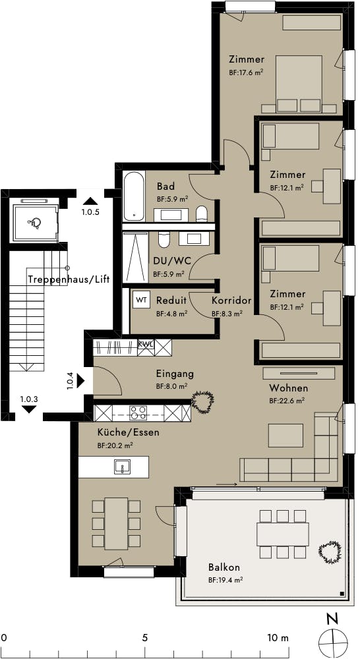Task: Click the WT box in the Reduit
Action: coord(142,300)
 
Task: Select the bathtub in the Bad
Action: coord(134,196)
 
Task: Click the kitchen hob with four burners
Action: coord(138,413)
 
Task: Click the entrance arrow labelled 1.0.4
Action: coord(80,381)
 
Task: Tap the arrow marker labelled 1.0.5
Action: coord(90,201)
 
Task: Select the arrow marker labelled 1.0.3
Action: coord(28,409)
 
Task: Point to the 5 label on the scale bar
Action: coord(144,637)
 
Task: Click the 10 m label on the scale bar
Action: coord(278,637)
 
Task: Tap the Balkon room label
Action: coord(224,567)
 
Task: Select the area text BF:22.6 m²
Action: coord(287,401)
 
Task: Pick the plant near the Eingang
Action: coord(203,401)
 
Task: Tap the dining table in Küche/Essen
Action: coord(117,523)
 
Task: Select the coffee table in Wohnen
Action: coord(285,436)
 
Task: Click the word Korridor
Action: coord(231,301)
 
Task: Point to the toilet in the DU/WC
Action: coord(163,239)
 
